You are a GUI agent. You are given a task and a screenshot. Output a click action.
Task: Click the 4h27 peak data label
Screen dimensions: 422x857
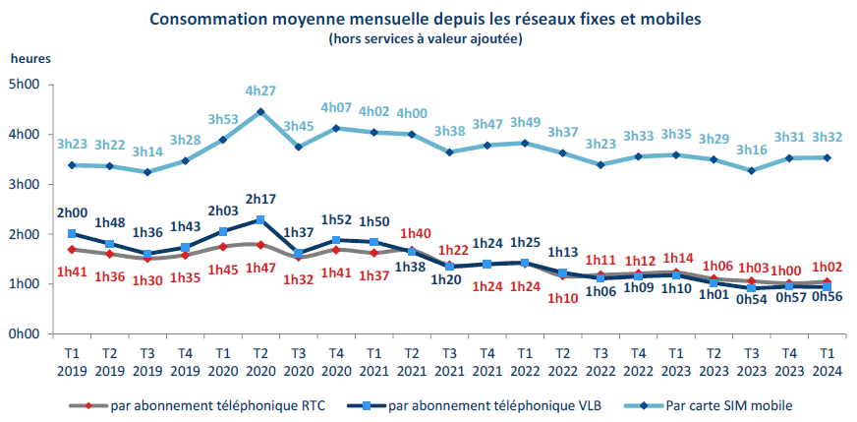coord(260,91)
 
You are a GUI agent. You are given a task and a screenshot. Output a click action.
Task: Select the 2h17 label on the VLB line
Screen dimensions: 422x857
coord(260,200)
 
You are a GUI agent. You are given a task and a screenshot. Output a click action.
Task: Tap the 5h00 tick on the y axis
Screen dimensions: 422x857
coord(25,85)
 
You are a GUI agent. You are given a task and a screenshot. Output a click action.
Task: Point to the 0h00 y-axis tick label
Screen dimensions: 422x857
coord(25,334)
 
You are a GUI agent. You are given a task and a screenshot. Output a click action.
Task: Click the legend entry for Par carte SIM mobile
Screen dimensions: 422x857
coord(727,405)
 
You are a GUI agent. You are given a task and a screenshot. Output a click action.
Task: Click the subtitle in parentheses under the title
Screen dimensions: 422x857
coord(426,39)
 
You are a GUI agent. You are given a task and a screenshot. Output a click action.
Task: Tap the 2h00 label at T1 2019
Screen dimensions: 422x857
coord(72,211)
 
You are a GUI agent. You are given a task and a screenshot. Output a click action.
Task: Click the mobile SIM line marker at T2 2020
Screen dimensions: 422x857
coord(260,111)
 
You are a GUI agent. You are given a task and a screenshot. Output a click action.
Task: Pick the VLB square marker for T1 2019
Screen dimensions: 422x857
coord(72,234)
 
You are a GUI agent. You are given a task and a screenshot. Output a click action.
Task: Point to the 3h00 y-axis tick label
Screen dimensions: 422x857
coord(25,185)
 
